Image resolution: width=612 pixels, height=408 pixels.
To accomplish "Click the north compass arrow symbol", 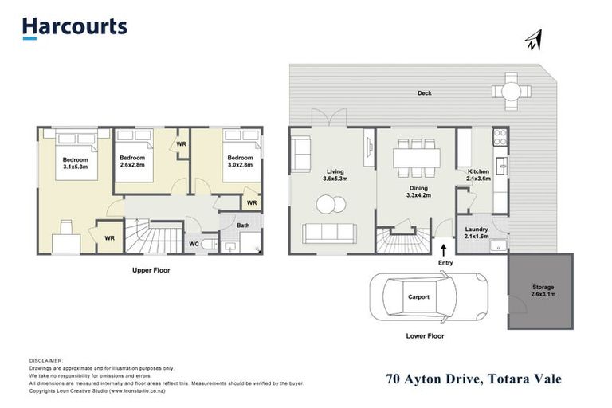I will point(532,41).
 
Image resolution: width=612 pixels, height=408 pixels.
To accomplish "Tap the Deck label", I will point(425,93).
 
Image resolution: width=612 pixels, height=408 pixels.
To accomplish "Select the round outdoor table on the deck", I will point(510,90).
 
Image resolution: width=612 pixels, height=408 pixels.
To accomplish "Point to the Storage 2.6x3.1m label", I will point(542,291).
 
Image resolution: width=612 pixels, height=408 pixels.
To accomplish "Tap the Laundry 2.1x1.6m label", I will point(477,233).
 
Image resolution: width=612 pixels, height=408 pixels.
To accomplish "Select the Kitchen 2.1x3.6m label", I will point(477,175).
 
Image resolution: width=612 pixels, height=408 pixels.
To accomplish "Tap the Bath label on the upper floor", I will point(243,226).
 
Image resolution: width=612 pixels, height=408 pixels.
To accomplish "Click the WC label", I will point(194,244).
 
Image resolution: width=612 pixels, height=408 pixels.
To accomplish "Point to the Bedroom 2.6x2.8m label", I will point(132,162).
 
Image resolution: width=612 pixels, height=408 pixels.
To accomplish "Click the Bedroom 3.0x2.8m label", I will point(239,162).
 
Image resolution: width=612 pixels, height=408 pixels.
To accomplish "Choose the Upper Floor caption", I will point(151,270).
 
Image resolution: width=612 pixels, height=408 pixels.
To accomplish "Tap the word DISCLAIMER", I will point(45,361).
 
